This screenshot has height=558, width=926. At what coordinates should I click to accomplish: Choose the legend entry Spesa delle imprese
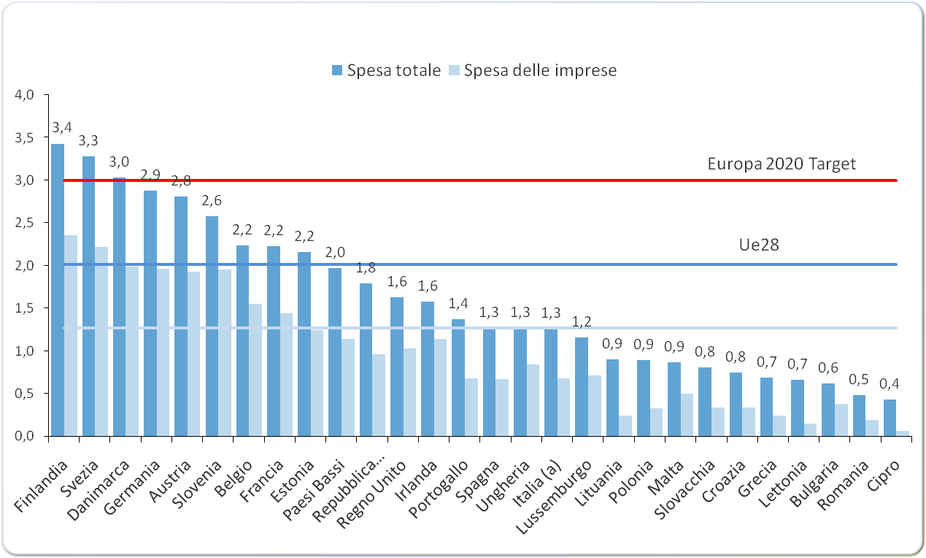(540, 70)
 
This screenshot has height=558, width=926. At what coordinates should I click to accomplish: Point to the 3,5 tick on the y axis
(25, 137)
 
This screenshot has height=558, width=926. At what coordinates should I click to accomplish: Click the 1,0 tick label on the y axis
(25, 351)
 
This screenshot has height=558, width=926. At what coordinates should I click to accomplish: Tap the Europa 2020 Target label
(782, 163)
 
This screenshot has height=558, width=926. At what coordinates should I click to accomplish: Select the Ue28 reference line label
(759, 245)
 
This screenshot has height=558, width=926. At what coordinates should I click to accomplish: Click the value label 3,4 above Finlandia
(61, 128)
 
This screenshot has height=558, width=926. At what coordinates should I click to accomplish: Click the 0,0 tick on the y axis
(25, 436)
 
